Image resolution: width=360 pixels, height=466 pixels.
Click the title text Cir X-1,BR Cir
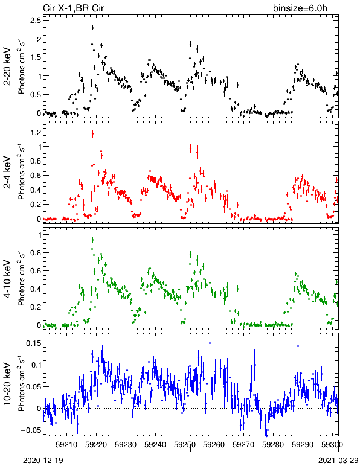(x=74, y=8)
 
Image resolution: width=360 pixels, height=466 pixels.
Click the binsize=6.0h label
(x=300, y=8)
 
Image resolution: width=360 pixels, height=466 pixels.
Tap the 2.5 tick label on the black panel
(x=36, y=20)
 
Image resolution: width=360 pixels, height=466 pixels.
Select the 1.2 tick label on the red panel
(x=36, y=132)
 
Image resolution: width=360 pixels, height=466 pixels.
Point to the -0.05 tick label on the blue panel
(x=31, y=430)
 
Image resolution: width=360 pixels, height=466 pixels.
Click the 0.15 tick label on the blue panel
(x=34, y=343)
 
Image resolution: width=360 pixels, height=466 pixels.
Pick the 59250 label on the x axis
(x=185, y=445)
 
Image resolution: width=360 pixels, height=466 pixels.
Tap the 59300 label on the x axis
(x=332, y=445)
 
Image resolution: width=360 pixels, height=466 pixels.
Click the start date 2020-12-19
(x=43, y=461)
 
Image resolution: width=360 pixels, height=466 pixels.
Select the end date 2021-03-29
(x=338, y=461)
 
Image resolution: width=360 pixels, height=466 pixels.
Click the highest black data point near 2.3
(x=93, y=28)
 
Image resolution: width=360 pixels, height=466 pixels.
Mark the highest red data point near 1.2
(x=93, y=134)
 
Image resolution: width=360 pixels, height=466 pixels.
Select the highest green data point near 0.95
(x=93, y=240)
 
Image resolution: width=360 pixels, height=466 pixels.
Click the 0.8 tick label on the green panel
(x=36, y=253)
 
